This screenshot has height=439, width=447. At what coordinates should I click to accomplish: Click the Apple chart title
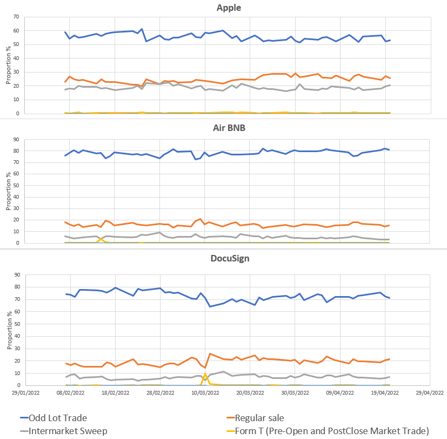click(x=228, y=8)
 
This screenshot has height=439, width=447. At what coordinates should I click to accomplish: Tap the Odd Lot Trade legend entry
click(x=54, y=417)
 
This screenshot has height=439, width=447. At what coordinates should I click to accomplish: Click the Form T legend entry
click(x=328, y=430)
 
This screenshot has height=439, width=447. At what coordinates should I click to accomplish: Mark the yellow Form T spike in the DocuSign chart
click(x=205, y=374)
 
